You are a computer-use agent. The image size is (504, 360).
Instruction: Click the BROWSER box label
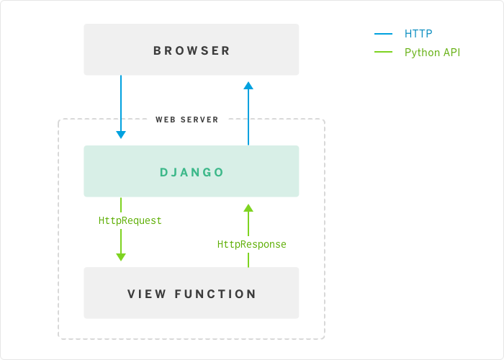[192, 50]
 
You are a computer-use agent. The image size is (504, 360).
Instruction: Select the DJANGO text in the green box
[192, 172]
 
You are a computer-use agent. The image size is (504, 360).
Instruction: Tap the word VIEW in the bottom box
[147, 294]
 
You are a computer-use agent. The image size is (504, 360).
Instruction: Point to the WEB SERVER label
[187, 120]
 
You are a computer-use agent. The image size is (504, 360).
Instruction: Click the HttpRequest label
[130, 220]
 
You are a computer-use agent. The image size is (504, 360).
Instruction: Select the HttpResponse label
[252, 245]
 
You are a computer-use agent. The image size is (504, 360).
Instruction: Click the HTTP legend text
[418, 33]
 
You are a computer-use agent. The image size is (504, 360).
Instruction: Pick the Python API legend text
[432, 52]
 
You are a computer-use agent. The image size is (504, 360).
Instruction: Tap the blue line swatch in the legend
[383, 33]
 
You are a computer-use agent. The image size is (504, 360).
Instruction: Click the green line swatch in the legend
[383, 52]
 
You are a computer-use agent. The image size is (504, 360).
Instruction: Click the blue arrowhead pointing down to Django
[121, 134]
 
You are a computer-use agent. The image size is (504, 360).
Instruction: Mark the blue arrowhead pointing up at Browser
[248, 86]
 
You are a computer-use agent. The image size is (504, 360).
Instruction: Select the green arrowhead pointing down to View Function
[121, 256]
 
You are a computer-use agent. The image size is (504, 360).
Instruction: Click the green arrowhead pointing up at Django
[248, 207]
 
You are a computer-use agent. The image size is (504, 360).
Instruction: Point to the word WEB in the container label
[166, 120]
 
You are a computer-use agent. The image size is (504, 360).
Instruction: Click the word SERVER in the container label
[199, 120]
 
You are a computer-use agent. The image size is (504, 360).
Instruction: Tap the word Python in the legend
[422, 52]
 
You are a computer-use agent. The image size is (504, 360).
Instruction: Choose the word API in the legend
[451, 52]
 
